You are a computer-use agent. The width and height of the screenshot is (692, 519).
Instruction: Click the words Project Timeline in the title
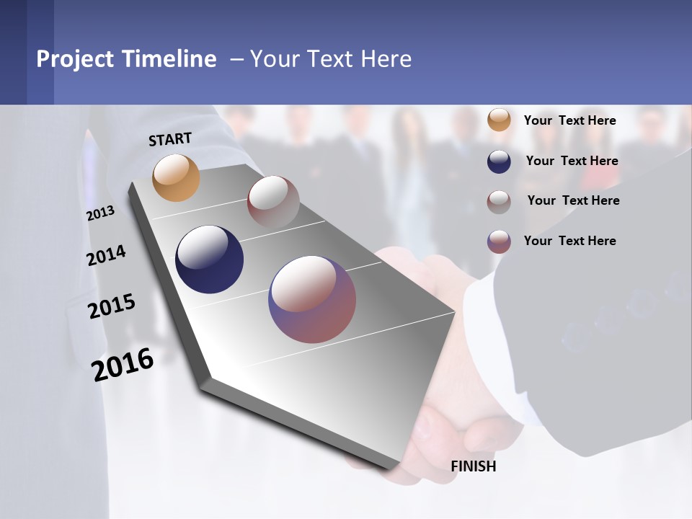tap(126, 59)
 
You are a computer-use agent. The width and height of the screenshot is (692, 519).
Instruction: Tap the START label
tap(170, 139)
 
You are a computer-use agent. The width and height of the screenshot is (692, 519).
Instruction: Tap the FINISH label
tap(474, 466)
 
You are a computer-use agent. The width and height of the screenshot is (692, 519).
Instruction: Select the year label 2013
tap(100, 213)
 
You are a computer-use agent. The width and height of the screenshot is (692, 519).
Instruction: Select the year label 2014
tap(107, 256)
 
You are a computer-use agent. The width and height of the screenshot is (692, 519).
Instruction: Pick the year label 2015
tap(112, 306)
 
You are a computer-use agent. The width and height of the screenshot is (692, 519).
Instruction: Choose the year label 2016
tap(123, 365)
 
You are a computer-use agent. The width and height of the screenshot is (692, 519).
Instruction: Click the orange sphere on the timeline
tap(176, 177)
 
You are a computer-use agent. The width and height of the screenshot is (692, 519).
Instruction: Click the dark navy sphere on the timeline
tap(210, 259)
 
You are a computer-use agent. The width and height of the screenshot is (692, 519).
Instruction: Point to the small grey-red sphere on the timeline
tap(273, 202)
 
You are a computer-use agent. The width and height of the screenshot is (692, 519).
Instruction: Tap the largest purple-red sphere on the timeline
tap(312, 299)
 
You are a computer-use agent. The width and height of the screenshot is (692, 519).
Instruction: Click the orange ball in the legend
tap(499, 120)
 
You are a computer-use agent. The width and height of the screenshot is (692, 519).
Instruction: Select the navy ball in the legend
tap(499, 161)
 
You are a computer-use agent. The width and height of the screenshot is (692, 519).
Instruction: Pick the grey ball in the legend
tap(499, 201)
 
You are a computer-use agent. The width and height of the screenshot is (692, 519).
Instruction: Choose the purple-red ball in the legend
tap(499, 241)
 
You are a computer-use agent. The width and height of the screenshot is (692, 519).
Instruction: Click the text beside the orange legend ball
tap(569, 120)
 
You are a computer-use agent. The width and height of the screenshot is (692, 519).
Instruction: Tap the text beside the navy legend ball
tap(572, 161)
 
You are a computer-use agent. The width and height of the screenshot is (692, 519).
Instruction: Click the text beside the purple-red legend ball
tap(569, 241)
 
